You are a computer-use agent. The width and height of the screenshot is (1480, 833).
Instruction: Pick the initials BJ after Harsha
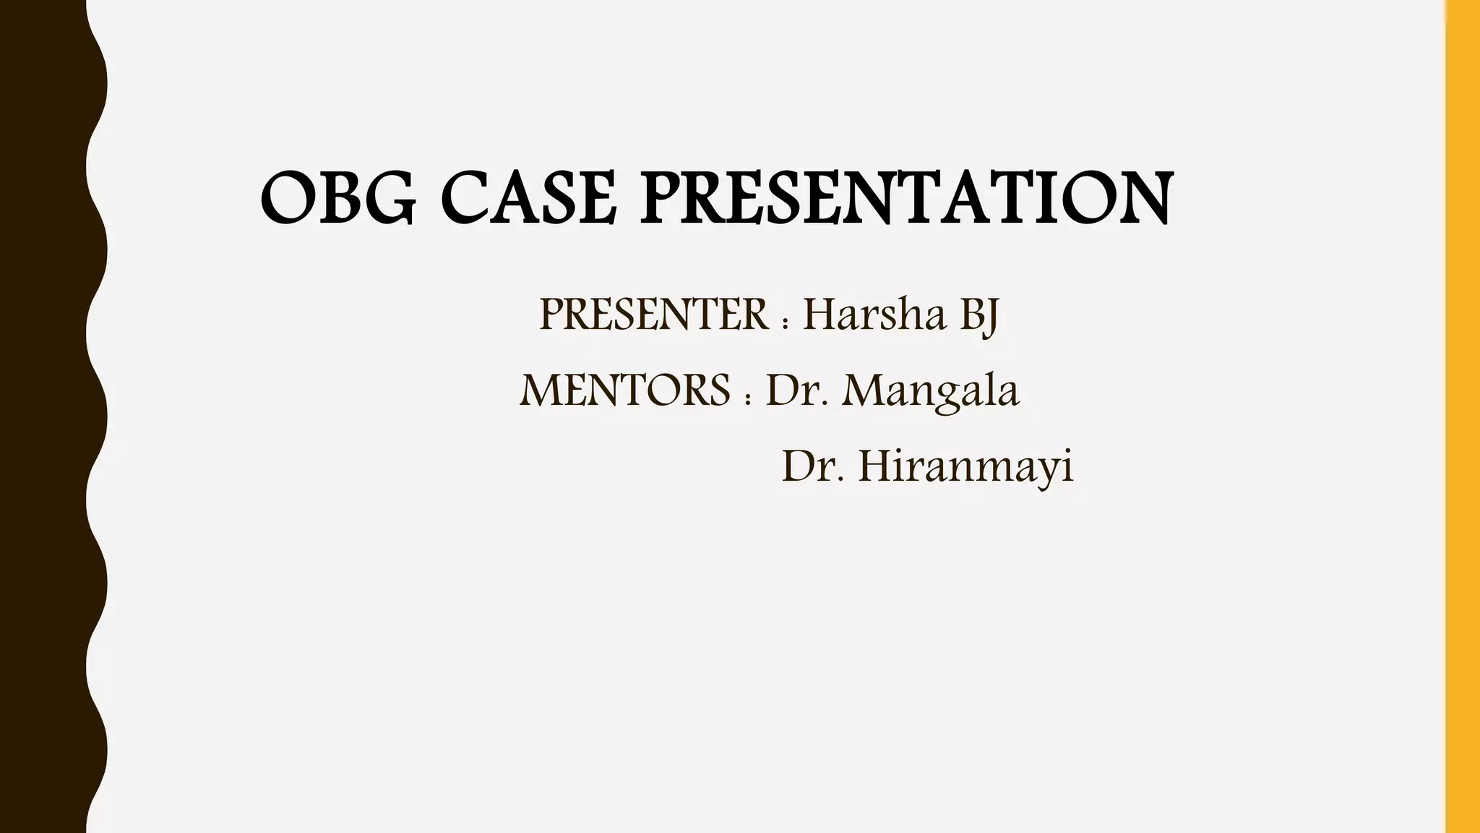coord(979,317)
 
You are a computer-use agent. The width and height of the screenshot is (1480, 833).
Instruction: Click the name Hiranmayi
coord(966,468)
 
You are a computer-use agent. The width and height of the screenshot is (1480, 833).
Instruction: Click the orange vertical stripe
coord(1463,416)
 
